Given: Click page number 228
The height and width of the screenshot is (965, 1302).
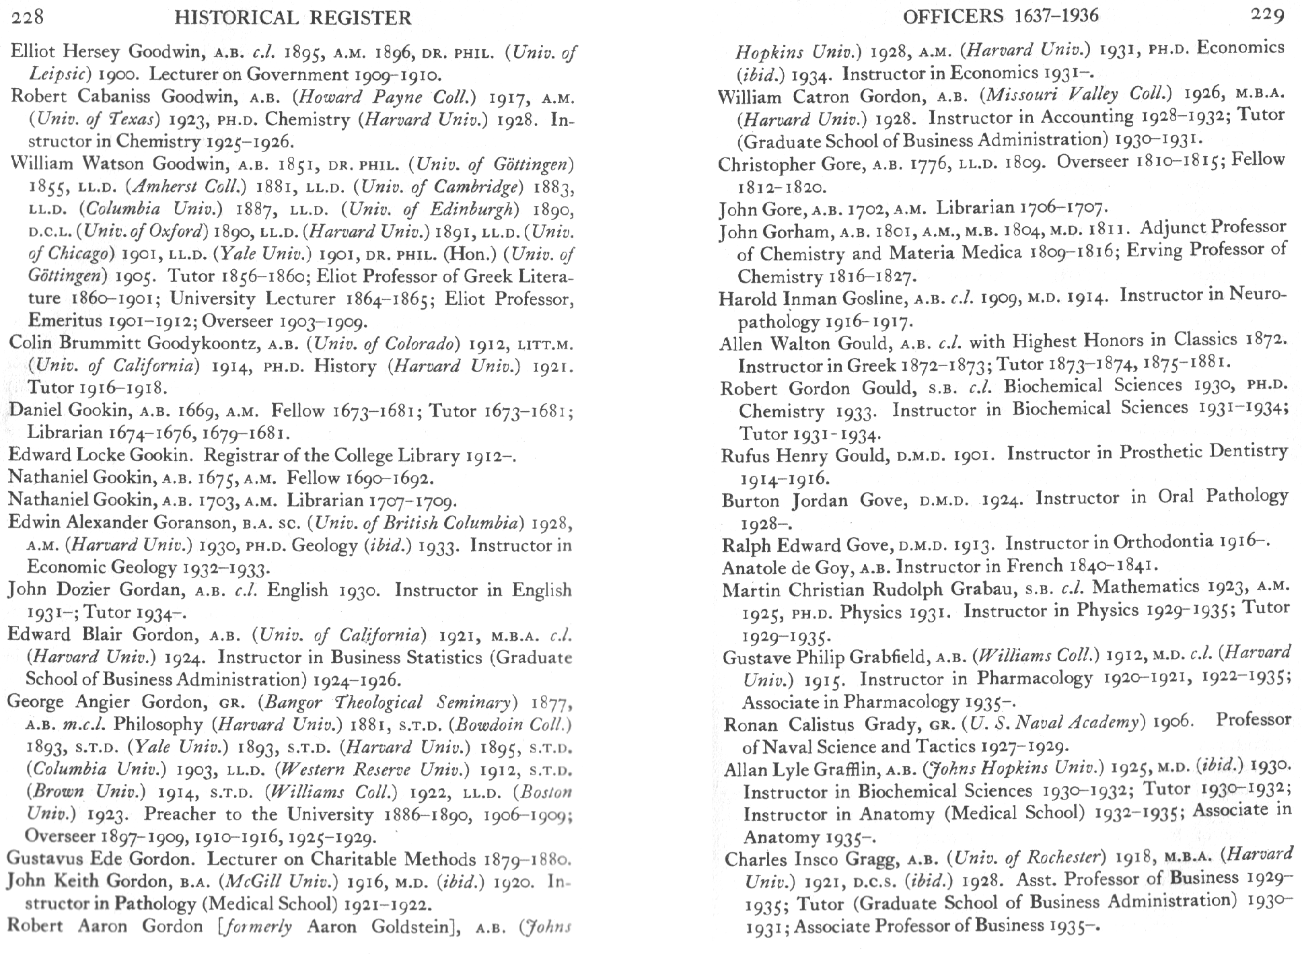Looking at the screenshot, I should click(28, 16).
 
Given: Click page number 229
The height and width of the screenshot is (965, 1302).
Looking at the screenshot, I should click(1267, 15).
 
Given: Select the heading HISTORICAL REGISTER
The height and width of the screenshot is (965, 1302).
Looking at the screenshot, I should click(293, 17).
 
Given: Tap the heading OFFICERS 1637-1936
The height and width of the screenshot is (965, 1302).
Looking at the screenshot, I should click(1001, 15).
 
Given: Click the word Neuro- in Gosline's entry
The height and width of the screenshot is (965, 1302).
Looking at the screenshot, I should click(1257, 295).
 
